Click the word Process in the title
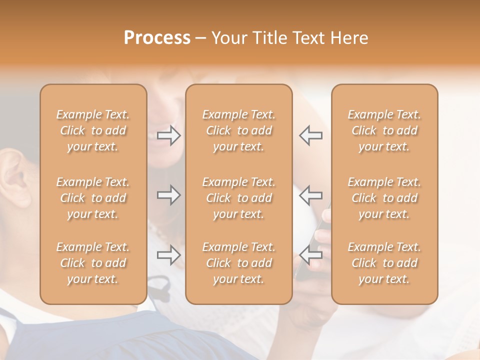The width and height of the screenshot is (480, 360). coord(157,38)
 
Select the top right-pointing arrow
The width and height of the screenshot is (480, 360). coord(169,135)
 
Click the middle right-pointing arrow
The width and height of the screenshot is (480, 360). coord(169,195)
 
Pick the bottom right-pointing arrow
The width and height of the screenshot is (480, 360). coord(169,255)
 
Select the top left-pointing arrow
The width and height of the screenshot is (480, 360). coord(310,135)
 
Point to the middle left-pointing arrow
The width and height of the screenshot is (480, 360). coord(310,195)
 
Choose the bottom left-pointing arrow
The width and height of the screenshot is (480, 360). coord(310,255)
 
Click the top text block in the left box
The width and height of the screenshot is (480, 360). coord(93,130)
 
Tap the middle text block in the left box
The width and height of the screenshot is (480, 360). coord(93,198)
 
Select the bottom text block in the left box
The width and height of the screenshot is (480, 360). coord(93,263)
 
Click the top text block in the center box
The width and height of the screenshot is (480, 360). coord(238,130)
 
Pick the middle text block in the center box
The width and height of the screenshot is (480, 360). coord(238,198)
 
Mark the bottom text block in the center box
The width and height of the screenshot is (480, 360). coord(238,263)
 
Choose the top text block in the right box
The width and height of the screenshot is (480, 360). coord(384,130)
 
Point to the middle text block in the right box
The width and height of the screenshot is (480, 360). coord(384,198)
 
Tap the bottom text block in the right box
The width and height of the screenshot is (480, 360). coord(384,263)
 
